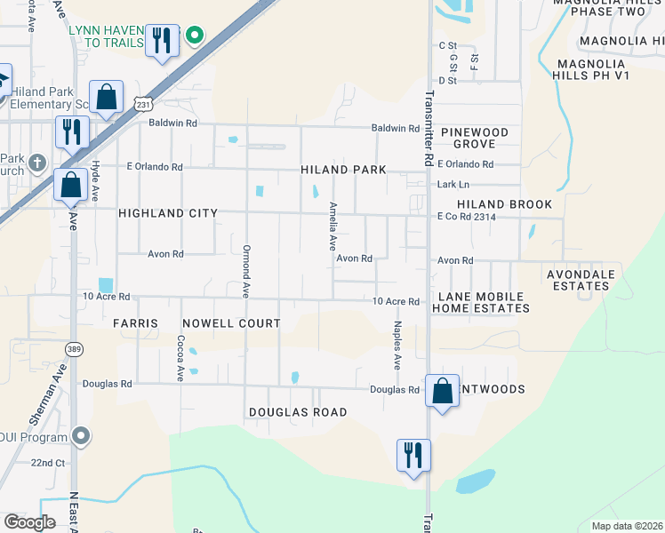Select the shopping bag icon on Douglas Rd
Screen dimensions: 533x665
pyautogui.click(x=442, y=391)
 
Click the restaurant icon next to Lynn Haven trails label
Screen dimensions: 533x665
pyautogui.click(x=162, y=40)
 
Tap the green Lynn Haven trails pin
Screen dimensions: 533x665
pyautogui.click(x=194, y=36)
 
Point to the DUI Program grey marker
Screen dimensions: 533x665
pyautogui.click(x=81, y=436)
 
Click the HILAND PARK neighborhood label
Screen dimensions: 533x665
pyautogui.click(x=342, y=170)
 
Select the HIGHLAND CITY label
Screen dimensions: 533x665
pyautogui.click(x=167, y=213)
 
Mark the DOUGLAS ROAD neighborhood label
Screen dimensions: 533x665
pyautogui.click(x=297, y=412)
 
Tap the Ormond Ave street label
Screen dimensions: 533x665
pyautogui.click(x=247, y=271)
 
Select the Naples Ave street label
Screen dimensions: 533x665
pyautogui.click(x=397, y=346)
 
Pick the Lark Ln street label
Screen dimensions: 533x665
pyautogui.click(x=453, y=185)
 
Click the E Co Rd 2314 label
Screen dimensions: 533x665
pyautogui.click(x=465, y=216)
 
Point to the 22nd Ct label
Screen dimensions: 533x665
pyautogui.click(x=48, y=463)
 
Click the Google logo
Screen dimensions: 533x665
pyautogui.click(x=29, y=522)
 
